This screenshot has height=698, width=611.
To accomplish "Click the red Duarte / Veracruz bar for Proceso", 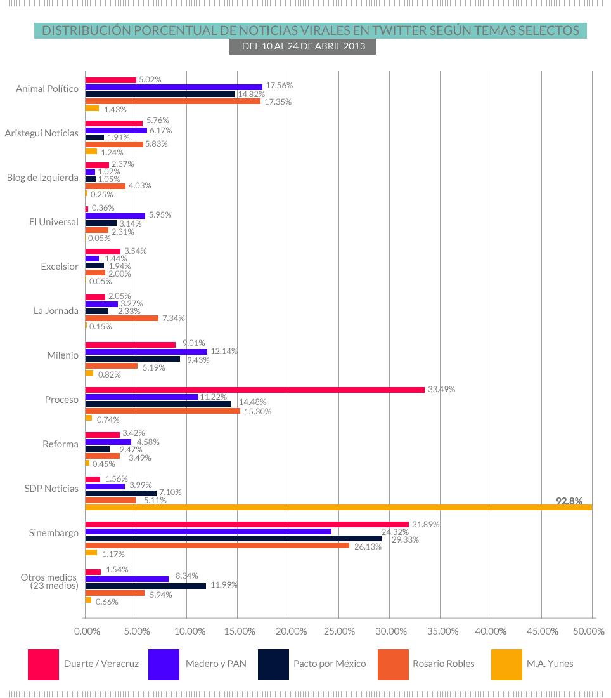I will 255,390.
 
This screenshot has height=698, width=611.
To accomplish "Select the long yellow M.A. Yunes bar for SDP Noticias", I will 338,507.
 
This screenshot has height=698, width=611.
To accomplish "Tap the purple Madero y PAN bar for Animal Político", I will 174,87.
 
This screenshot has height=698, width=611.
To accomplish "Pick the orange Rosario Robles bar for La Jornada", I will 122,318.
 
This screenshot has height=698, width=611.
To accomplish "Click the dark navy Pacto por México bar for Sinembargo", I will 233,538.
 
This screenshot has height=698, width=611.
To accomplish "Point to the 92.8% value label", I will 569,501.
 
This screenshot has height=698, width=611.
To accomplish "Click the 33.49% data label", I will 441,389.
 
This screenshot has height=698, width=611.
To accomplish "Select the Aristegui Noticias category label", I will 41,133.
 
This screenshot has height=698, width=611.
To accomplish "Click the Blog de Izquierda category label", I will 42,178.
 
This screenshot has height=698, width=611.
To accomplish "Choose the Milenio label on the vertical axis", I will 63,355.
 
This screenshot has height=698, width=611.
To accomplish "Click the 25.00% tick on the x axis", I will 339,631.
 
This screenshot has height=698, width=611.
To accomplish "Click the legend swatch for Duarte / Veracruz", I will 43,664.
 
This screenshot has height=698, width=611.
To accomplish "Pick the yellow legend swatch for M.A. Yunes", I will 506,664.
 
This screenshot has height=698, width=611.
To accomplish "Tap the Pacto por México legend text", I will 330,664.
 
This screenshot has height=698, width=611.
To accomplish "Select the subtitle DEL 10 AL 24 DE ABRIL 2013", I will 303,46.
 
